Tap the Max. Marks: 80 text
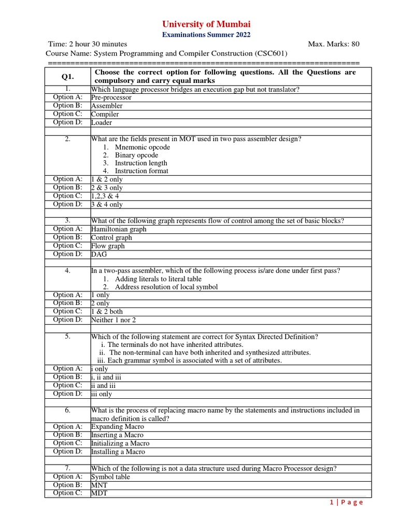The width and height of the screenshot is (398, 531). click(333, 44)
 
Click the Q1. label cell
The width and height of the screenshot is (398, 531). click(67, 77)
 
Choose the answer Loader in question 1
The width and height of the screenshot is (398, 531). click(102, 123)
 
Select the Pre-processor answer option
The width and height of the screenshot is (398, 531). click(111, 97)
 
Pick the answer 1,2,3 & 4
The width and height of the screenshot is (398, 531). click(105, 196)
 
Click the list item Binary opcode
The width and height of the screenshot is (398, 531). click(136, 155)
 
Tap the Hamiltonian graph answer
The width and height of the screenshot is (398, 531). click(119, 229)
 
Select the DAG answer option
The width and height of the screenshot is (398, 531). click(98, 255)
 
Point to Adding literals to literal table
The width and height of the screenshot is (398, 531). click(158, 279)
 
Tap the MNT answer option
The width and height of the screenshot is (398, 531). click(99, 485)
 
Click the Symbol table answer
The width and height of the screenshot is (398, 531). click(110, 477)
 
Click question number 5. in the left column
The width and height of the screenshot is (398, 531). click(67, 337)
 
